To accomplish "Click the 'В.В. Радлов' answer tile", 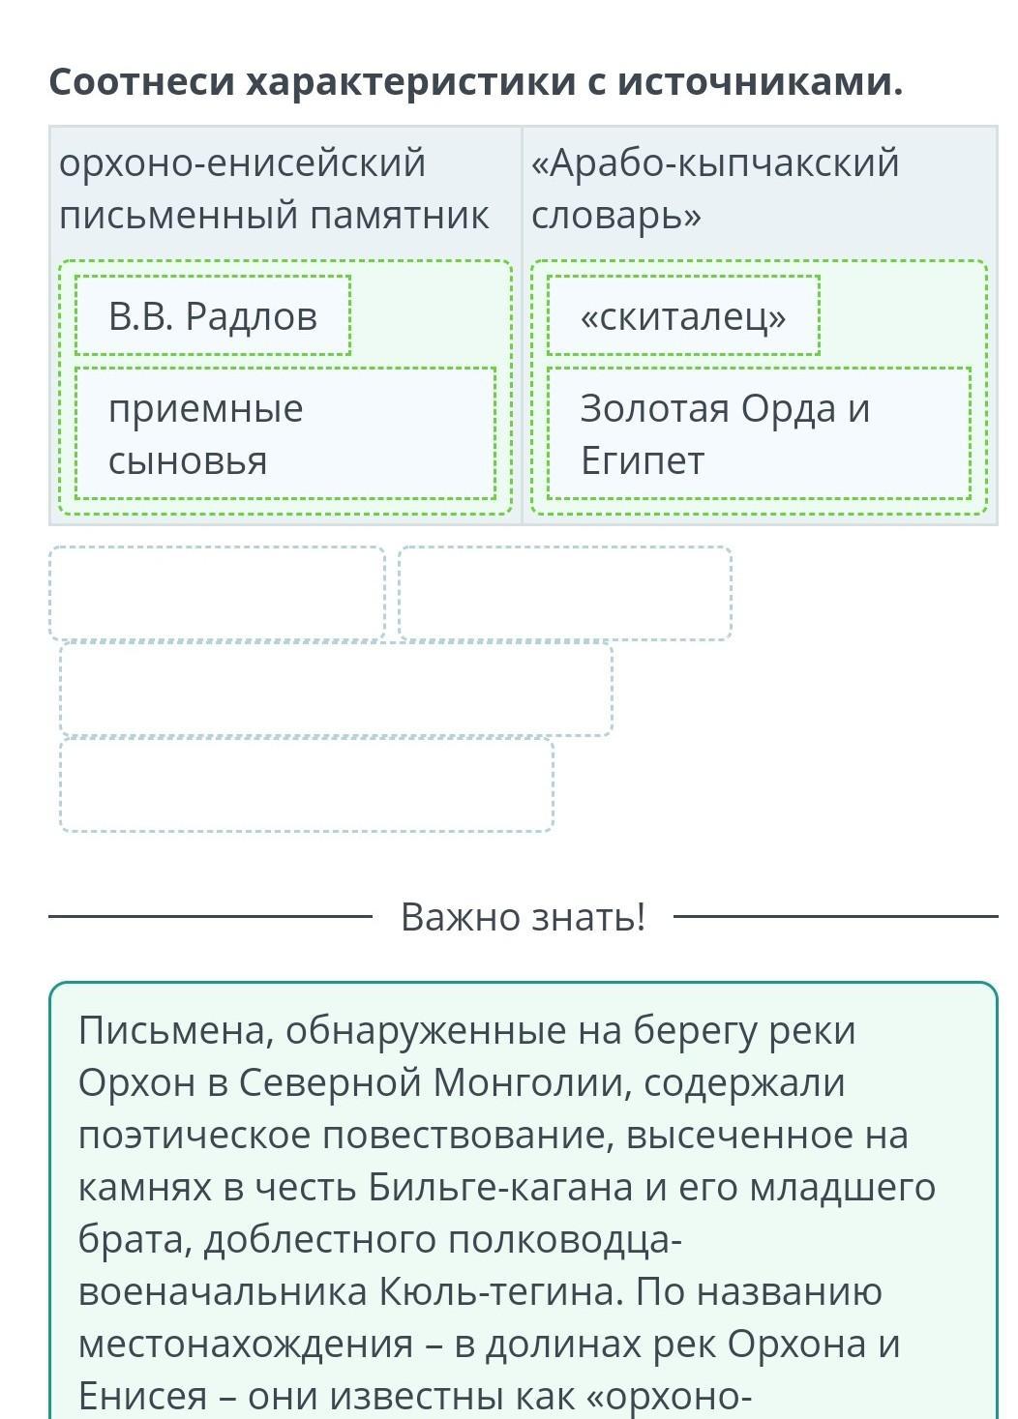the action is pyautogui.click(x=213, y=315).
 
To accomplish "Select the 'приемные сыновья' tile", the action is pyautogui.click(x=285, y=433).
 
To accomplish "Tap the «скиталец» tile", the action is pyautogui.click(x=683, y=315).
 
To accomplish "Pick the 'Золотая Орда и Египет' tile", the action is pyautogui.click(x=759, y=433).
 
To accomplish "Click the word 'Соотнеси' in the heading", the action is pyautogui.click(x=142, y=82).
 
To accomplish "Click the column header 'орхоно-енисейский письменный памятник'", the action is pyautogui.click(x=274, y=189).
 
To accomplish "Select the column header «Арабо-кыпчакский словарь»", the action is pyautogui.click(x=715, y=189).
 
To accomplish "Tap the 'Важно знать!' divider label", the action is pyautogui.click(x=524, y=916).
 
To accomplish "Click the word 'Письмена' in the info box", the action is pyautogui.click(x=175, y=1031).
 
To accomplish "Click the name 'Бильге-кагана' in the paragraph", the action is pyautogui.click(x=500, y=1187).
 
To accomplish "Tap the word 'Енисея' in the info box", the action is pyautogui.click(x=142, y=1395).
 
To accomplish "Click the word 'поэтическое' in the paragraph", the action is pyautogui.click(x=195, y=1136).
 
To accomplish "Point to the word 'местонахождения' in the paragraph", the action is pyautogui.click(x=246, y=1343).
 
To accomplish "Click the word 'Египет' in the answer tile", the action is pyautogui.click(x=643, y=461).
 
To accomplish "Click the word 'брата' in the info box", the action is pyautogui.click(x=135, y=1239).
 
